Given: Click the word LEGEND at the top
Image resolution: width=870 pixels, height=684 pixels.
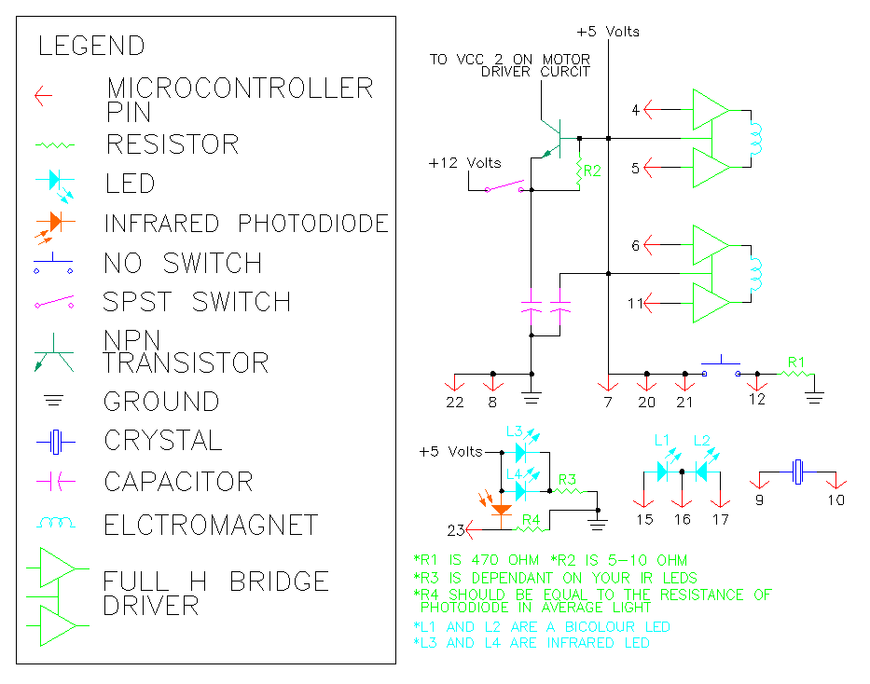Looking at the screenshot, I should pyautogui.click(x=91, y=46).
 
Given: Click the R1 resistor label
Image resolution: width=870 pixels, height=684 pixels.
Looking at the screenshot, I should pyautogui.click(x=795, y=360).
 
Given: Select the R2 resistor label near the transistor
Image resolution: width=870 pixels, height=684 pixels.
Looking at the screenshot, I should pyautogui.click(x=593, y=171).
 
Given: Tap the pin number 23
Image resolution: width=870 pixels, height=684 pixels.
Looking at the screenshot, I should pyautogui.click(x=456, y=531).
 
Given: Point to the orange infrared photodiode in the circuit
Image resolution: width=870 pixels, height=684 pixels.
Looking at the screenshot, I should pyautogui.click(x=503, y=510).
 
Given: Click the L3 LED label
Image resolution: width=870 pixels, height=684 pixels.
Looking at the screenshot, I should pyautogui.click(x=514, y=431).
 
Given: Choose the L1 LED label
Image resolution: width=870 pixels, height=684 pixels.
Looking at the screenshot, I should pyautogui.click(x=661, y=439).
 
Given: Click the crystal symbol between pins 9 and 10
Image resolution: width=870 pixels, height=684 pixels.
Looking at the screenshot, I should pyautogui.click(x=798, y=472).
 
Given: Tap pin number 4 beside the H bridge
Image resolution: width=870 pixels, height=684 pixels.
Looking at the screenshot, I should pyautogui.click(x=635, y=111).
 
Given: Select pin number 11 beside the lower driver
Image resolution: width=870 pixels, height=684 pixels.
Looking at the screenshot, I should pyautogui.click(x=635, y=303).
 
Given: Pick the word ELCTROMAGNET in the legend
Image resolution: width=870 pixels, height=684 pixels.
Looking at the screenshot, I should pyautogui.click(x=211, y=526).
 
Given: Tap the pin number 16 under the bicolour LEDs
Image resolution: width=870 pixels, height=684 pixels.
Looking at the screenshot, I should pyautogui.click(x=684, y=518).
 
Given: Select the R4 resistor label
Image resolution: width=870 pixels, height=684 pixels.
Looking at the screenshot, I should pyautogui.click(x=532, y=519).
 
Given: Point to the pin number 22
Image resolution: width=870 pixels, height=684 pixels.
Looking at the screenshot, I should pyautogui.click(x=454, y=402).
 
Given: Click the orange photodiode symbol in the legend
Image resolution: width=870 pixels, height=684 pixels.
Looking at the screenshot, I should pyautogui.click(x=53, y=224).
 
